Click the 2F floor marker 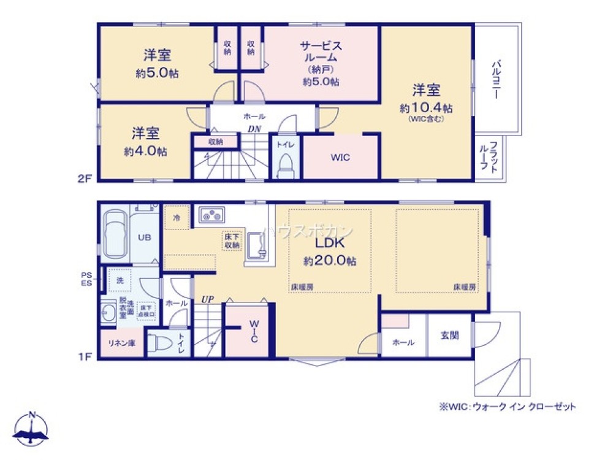click(85, 180)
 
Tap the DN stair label click(254, 129)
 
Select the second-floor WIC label click(341, 157)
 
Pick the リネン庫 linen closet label click(122, 343)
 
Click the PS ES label click(86, 279)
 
